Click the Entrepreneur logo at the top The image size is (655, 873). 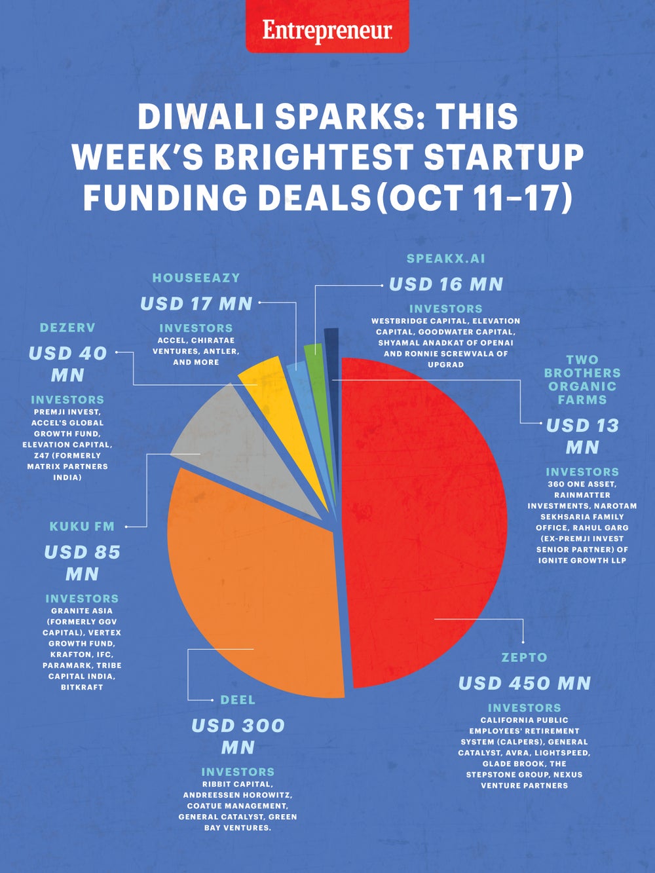coord(327,30)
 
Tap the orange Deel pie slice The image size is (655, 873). coord(255,589)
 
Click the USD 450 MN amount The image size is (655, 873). coord(524,683)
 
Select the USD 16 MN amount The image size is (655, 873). coord(446,284)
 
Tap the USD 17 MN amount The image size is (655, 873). coord(196,304)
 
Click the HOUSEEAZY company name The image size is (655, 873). coord(196,278)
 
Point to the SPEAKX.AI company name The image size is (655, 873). coord(446,258)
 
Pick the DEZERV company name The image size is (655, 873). coord(67,327)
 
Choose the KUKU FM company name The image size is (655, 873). coord(82,526)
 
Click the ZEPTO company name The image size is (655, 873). coord(524,657)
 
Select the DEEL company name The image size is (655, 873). coord(238,699)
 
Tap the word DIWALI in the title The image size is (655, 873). coord(199,117)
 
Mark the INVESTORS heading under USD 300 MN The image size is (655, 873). coord(238,771)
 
